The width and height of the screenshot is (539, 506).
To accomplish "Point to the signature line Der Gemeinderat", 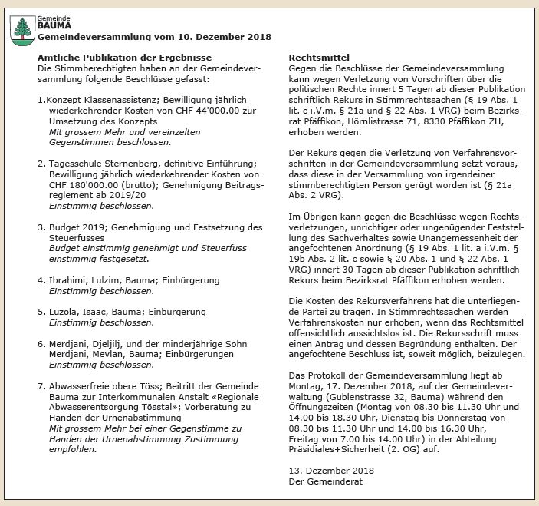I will [x=326, y=481].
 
